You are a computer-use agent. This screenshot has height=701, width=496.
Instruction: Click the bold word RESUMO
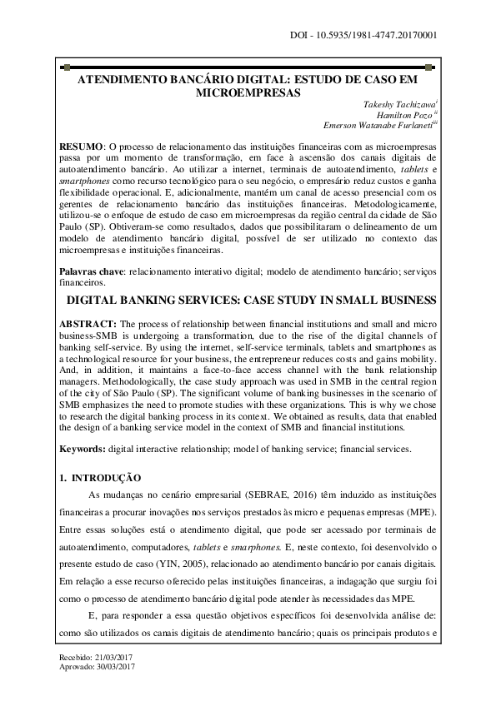coord(82,146)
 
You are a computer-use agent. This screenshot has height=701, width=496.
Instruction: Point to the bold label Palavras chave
coord(90,271)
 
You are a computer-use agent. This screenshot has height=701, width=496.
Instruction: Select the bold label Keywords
coord(82,449)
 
